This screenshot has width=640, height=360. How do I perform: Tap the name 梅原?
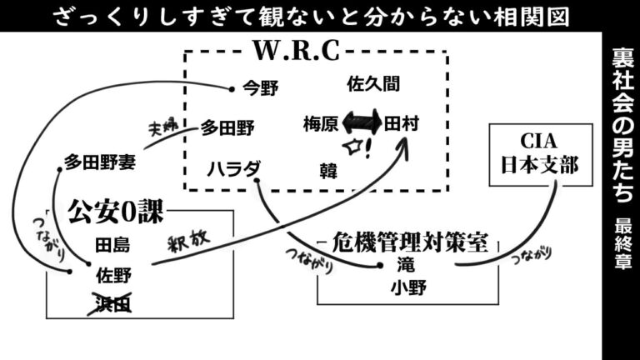click(320, 124)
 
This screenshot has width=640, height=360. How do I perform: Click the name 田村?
click(402, 124)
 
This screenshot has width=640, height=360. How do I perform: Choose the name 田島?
click(112, 246)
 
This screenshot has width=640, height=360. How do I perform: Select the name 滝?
click(407, 267)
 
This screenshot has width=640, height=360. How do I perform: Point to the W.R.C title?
click(297, 52)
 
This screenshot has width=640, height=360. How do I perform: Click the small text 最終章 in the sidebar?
click(622, 242)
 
